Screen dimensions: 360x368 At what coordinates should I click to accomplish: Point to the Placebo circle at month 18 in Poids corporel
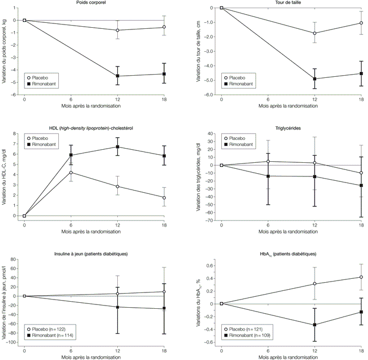point(164,27)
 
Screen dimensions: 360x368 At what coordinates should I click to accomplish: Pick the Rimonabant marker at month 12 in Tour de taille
point(315,79)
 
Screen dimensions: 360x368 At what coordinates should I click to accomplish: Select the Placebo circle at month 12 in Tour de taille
point(315,33)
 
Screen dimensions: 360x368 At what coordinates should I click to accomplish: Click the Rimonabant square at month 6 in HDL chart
point(71,155)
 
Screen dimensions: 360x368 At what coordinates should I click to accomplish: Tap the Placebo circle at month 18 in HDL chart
point(164,198)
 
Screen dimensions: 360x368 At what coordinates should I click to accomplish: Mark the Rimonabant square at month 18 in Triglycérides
point(361,186)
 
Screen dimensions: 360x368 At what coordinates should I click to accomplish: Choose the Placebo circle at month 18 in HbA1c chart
point(361,277)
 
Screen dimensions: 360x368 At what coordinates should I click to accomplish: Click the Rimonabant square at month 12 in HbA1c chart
point(315,325)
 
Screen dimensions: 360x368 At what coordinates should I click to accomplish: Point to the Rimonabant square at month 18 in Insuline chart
point(164,309)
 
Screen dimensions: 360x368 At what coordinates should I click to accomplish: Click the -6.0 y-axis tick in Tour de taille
point(209,95)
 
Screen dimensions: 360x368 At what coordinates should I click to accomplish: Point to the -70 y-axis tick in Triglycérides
point(210,221)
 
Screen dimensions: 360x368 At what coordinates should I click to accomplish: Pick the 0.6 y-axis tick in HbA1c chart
point(210,264)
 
